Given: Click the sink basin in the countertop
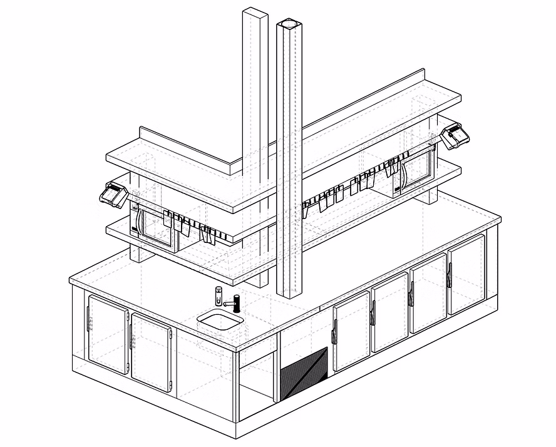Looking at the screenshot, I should (x=220, y=320).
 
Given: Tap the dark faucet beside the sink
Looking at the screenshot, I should (x=237, y=302).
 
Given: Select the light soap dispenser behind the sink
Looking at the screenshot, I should (x=219, y=295).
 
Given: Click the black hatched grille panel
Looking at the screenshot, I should (x=304, y=374).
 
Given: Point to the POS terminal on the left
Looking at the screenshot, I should (x=114, y=193).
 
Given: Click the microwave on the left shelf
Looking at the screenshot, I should (x=155, y=226).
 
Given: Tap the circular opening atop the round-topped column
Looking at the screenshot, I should (x=289, y=24).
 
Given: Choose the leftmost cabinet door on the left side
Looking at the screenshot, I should (x=107, y=334).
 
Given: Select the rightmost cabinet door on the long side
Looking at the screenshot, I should (x=467, y=274).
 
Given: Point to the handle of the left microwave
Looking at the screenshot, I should (x=142, y=223).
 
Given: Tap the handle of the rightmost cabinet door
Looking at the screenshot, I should (x=450, y=276).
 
